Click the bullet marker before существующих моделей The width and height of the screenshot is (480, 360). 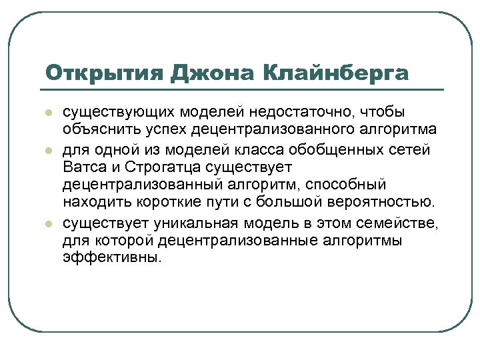click(x=47, y=113)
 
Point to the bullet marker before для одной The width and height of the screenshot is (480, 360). click(x=47, y=149)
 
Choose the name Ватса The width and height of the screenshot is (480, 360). click(x=83, y=167)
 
